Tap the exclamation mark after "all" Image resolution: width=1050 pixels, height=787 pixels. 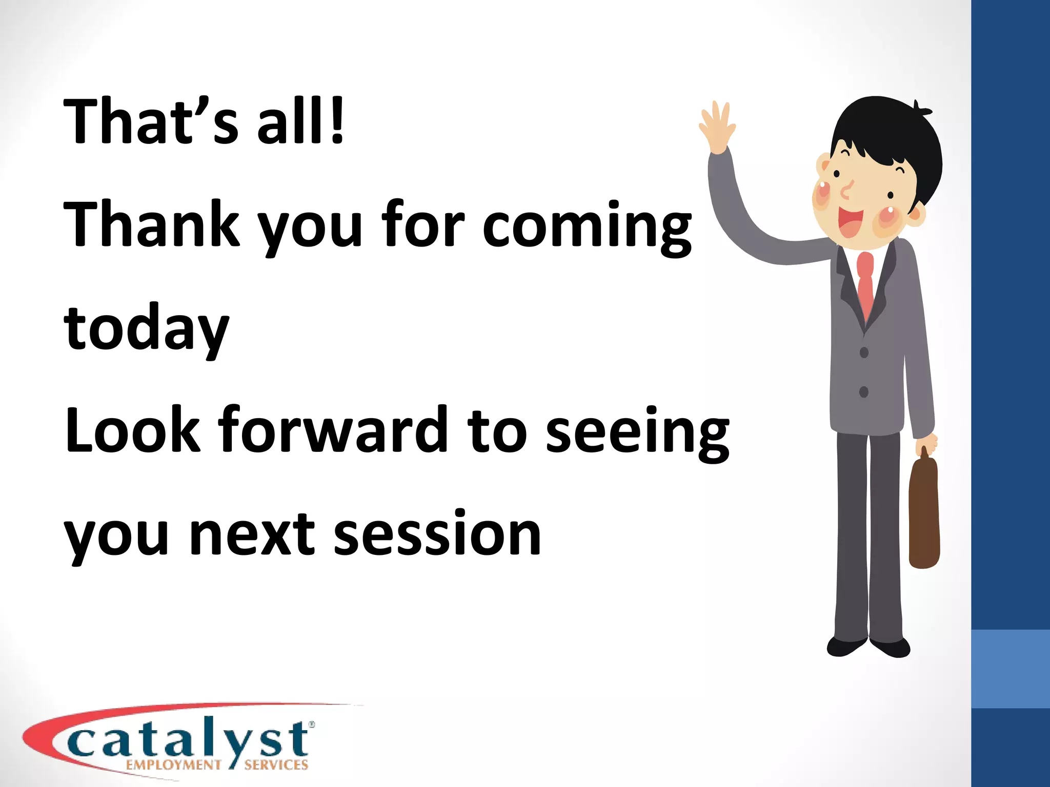pos(337,121)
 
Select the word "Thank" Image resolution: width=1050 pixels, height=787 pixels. pos(151,223)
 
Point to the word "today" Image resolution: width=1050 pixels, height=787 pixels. pos(146,328)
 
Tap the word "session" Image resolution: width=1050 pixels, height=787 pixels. pos(437,534)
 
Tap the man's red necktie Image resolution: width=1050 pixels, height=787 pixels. pos(865,282)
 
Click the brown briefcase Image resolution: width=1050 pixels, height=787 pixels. pos(924,512)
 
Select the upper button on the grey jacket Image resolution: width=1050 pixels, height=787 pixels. pos(864,353)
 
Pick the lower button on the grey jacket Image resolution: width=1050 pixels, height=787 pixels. pos(864,392)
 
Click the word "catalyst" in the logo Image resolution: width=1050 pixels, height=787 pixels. pos(190,741)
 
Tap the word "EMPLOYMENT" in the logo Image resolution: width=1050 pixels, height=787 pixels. pos(173,765)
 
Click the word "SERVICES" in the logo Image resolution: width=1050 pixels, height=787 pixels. pos(276,765)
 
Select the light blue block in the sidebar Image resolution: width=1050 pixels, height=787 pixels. pos(1011,669)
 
